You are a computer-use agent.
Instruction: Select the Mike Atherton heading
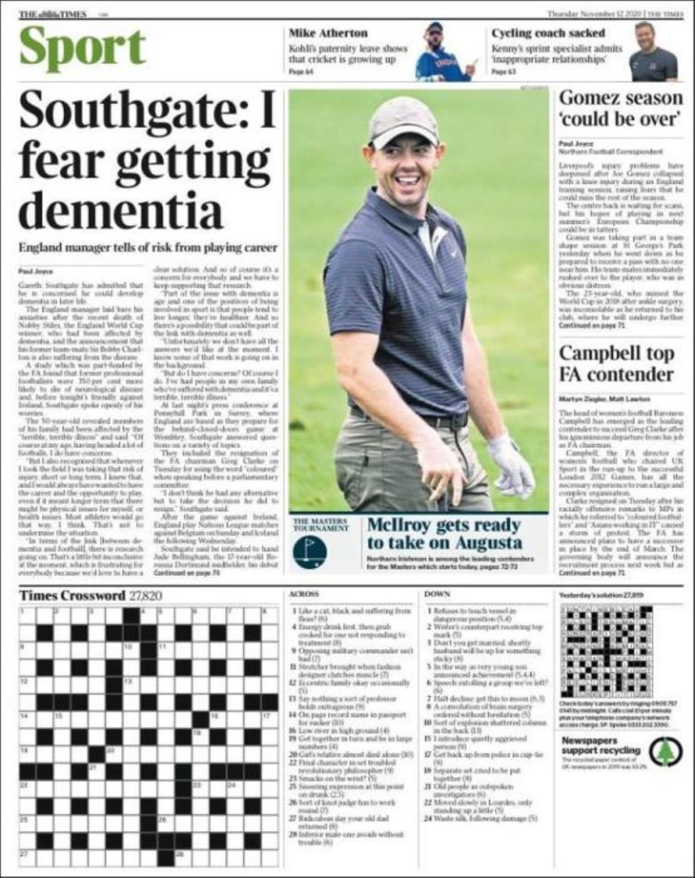coord(328,33)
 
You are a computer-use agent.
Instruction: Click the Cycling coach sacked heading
coord(548,33)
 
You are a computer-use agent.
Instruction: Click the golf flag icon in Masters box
coord(310,551)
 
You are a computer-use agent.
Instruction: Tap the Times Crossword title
coord(72,595)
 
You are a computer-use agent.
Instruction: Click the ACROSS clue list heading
coord(303,594)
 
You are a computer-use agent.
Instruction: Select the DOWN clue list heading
coord(437,594)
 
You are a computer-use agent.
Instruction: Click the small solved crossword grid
coord(606,651)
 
